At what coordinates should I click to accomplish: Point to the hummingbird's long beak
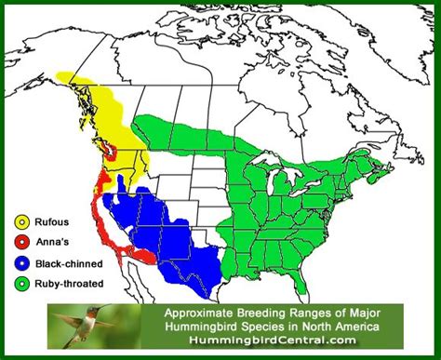pyautogui.click(x=112, y=308)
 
